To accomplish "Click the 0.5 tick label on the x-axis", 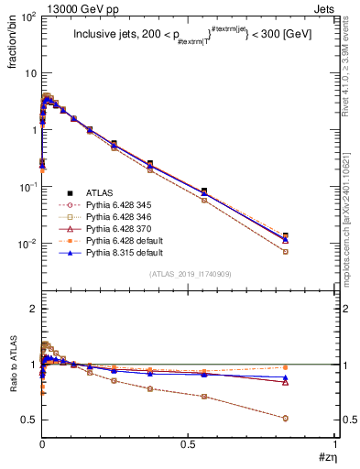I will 188,442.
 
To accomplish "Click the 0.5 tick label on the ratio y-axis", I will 29,420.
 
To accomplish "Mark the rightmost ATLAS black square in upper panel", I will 311,236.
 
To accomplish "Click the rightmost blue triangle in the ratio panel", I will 311,377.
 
